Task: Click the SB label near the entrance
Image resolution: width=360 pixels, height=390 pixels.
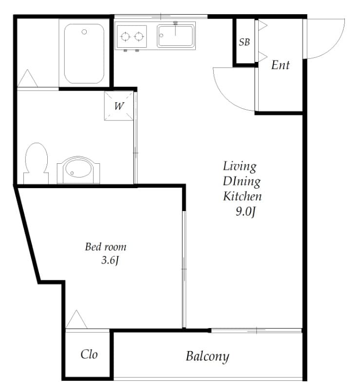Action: click(245, 42)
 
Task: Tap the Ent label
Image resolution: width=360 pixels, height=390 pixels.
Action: click(280, 65)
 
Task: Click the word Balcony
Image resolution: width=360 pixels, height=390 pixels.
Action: click(207, 356)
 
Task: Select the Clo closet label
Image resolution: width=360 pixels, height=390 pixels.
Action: click(89, 354)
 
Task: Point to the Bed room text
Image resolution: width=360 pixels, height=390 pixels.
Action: click(106, 247)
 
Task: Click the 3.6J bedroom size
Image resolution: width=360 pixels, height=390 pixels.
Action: click(110, 260)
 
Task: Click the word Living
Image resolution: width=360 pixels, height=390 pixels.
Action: click(240, 166)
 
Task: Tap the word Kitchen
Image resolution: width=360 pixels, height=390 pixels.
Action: click(242, 196)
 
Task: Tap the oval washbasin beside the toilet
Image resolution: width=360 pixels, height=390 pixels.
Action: click(78, 171)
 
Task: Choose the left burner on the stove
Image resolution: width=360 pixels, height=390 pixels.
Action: click(125, 36)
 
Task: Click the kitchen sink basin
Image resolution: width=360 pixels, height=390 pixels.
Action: click(175, 36)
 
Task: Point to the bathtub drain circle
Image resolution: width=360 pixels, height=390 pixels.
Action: click(84, 32)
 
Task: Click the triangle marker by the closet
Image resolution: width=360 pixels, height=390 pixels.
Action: click(76, 320)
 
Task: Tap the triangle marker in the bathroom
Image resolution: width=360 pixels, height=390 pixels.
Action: click(27, 79)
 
